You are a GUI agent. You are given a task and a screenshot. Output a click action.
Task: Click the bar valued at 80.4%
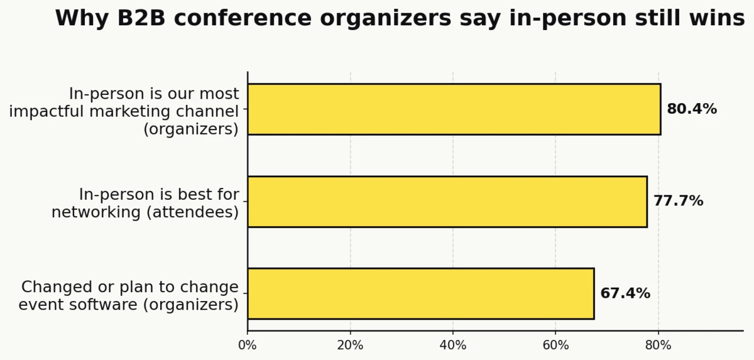[454, 109]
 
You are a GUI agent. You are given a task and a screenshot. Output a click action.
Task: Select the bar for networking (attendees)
[447, 202]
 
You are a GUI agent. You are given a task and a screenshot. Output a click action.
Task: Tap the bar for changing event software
[420, 293]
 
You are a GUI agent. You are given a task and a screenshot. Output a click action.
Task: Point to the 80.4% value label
[691, 109]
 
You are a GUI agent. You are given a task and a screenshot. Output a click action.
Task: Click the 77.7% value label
[678, 202]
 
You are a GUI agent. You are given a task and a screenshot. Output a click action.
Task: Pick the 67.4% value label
[625, 293]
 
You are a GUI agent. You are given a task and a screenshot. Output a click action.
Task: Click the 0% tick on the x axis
[248, 345]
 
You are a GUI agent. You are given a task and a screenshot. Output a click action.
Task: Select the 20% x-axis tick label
[350, 345]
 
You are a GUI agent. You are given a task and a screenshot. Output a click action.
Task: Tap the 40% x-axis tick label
[453, 345]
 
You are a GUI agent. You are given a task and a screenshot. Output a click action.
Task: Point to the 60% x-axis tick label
[555, 345]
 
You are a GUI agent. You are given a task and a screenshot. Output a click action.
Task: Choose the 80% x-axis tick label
[658, 345]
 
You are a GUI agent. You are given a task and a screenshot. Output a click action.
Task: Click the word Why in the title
[78, 19]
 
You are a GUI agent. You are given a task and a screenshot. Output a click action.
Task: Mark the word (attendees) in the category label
[192, 212]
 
